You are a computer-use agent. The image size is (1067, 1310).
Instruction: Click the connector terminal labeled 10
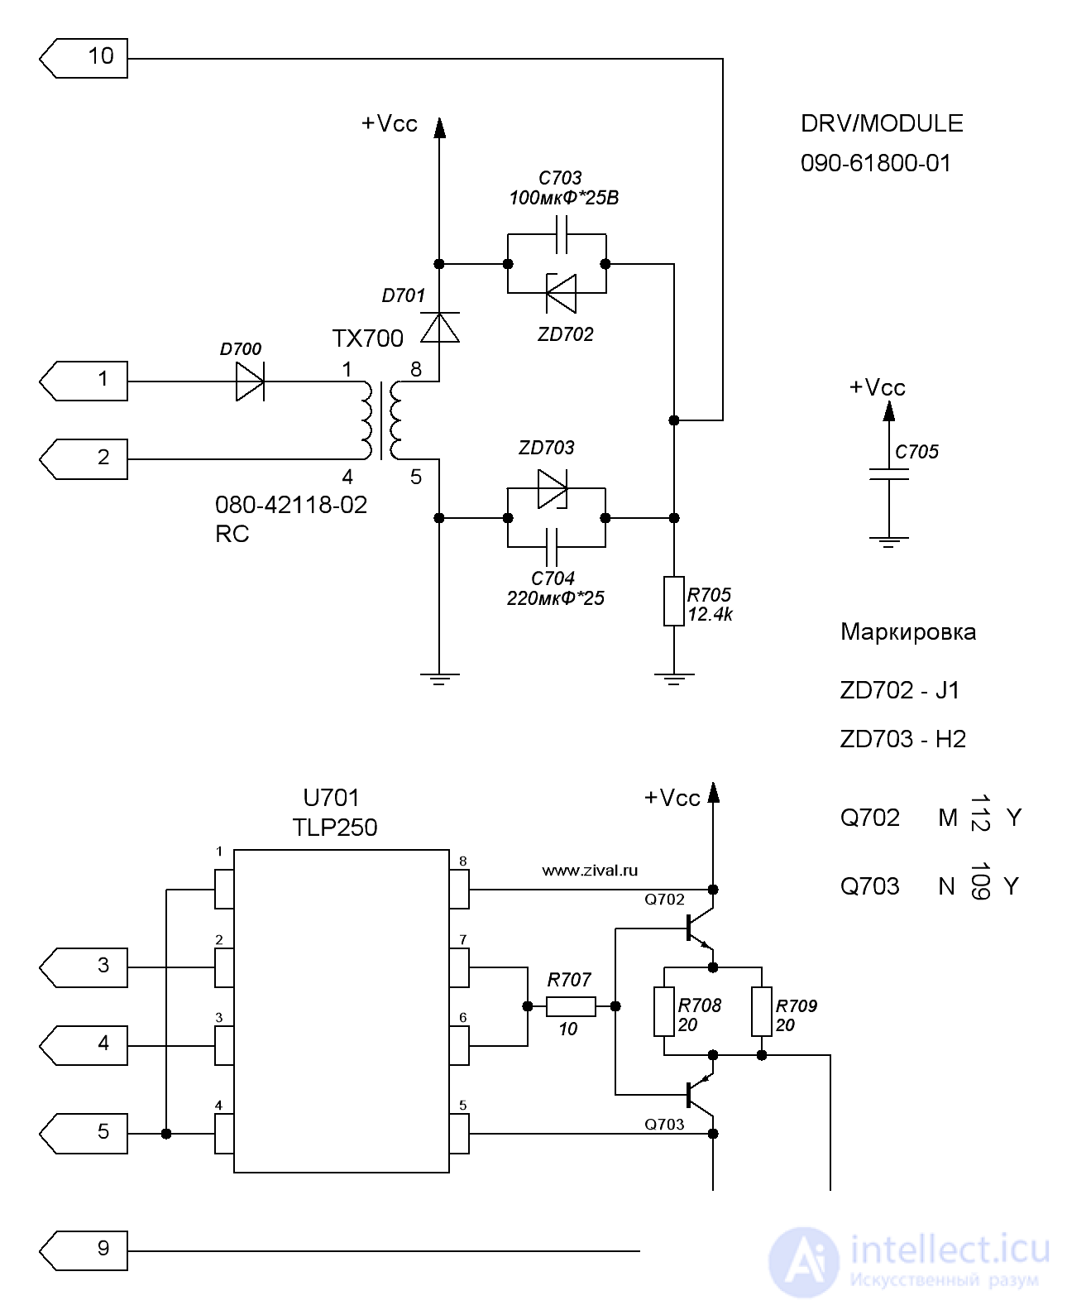pyautogui.click(x=84, y=59)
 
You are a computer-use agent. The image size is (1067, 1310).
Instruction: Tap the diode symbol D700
pyautogui.click(x=250, y=381)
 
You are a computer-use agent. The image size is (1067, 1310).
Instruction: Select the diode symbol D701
pyautogui.click(x=439, y=327)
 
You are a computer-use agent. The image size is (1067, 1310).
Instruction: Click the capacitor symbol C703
pyautogui.click(x=561, y=234)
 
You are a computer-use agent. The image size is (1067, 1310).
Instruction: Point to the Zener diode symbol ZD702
pyautogui.click(x=561, y=294)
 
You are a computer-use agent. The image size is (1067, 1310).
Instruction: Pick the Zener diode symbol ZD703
pyautogui.click(x=552, y=489)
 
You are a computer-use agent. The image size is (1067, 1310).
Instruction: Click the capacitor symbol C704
pyautogui.click(x=552, y=547)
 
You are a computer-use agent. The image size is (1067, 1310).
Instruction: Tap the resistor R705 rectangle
pyautogui.click(x=673, y=602)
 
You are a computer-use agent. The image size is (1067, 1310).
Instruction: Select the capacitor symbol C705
pyautogui.click(x=889, y=474)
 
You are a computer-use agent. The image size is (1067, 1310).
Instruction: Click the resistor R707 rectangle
pyautogui.click(x=571, y=1006)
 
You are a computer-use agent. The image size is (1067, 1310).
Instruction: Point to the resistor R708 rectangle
pyautogui.click(x=664, y=1012)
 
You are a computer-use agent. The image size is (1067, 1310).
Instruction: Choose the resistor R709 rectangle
pyautogui.click(x=762, y=1012)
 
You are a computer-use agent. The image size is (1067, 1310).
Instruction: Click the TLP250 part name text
pyautogui.click(x=335, y=828)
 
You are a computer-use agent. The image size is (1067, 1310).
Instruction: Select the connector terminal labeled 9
pyautogui.click(x=84, y=1250)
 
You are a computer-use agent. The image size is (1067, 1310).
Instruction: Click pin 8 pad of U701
pyautogui.click(x=459, y=890)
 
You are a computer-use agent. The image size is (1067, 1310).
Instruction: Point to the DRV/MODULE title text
pyautogui.click(x=882, y=123)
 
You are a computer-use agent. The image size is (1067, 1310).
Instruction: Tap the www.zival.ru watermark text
pyautogui.click(x=590, y=871)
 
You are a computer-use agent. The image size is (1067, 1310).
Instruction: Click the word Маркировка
pyautogui.click(x=908, y=631)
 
